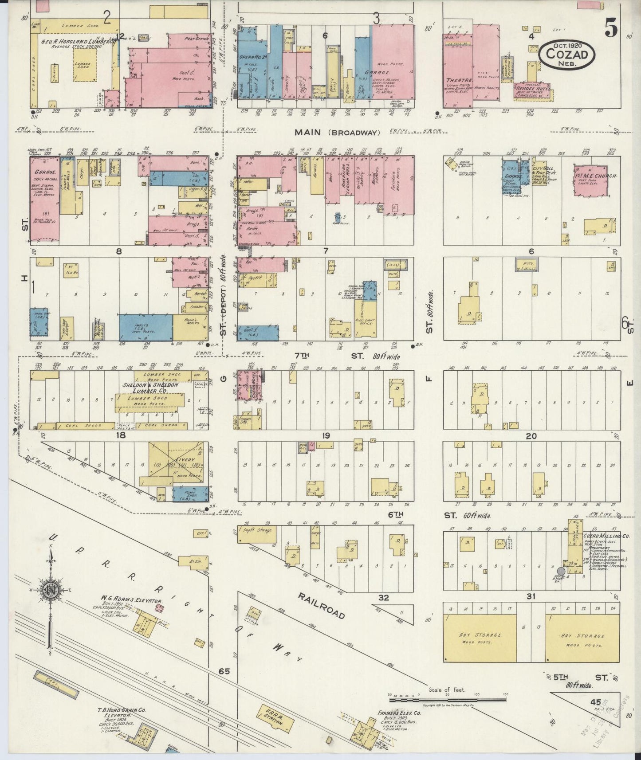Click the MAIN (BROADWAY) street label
coord(338,132)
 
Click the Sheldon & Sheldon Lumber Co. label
coord(150,388)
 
